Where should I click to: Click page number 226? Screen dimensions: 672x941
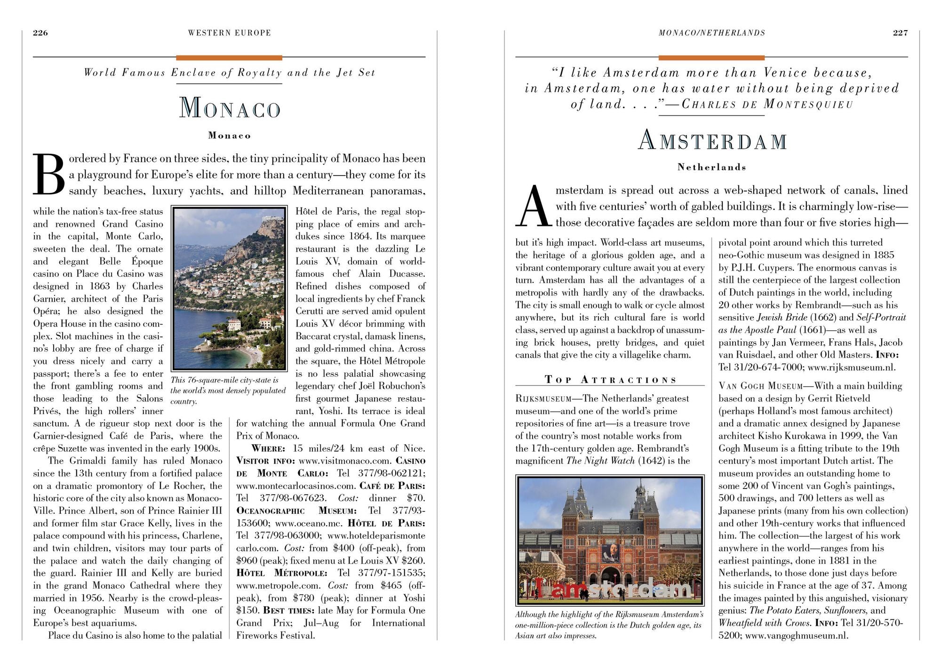[40, 32]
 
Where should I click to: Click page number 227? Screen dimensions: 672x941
[900, 32]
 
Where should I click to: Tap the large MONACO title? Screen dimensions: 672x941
[230, 108]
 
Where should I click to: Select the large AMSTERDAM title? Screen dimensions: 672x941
[712, 140]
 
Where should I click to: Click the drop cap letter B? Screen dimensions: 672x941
[49, 174]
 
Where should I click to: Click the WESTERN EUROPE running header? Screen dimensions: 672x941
[229, 32]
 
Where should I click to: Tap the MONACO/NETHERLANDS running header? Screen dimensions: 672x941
[711, 32]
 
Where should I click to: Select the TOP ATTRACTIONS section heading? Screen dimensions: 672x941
[610, 380]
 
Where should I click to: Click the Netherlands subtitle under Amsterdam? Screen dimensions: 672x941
[711, 167]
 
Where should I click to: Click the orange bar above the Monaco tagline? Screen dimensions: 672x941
[229, 58]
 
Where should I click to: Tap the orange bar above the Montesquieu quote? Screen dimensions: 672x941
[711, 58]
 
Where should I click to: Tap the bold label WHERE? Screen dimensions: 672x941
[268, 448]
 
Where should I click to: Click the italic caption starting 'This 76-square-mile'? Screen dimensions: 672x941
[228, 391]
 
